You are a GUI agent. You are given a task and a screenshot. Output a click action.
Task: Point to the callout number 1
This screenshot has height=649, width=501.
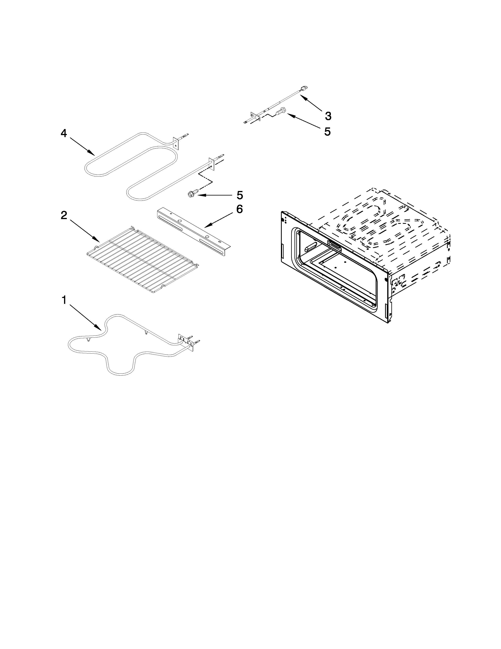64,301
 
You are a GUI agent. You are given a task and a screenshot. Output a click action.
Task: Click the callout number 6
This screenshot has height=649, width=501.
239,209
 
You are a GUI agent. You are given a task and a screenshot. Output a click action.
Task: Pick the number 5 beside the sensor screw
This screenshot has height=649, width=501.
327,131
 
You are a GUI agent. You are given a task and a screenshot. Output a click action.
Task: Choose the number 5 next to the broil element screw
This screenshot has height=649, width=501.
239,195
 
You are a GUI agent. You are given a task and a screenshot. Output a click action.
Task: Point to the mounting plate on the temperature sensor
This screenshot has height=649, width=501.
255,116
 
